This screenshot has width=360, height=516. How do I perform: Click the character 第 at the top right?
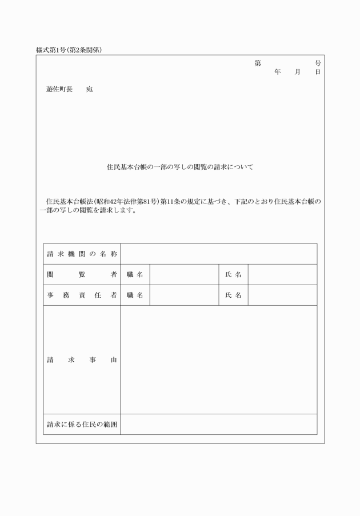click(x=258, y=63)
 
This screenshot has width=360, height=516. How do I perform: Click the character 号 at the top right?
click(x=318, y=63)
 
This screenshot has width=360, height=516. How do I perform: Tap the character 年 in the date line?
click(x=278, y=73)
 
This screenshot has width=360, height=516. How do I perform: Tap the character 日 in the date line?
click(x=318, y=73)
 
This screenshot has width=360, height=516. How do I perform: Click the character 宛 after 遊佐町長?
click(x=89, y=90)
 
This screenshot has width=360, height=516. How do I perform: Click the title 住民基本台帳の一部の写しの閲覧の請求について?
click(x=180, y=167)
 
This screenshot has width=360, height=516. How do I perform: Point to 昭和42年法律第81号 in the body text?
click(x=126, y=201)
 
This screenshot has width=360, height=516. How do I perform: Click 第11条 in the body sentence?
click(x=171, y=201)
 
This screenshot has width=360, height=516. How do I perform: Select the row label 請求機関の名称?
click(x=82, y=254)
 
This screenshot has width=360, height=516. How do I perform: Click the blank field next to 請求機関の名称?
click(x=218, y=254)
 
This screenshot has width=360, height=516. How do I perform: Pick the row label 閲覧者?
click(x=82, y=275)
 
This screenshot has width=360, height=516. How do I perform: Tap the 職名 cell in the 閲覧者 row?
click(x=135, y=275)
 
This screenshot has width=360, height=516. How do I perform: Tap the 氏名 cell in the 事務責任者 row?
click(x=233, y=295)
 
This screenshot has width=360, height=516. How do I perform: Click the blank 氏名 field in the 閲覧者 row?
click(x=282, y=275)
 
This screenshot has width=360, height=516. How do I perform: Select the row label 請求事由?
click(x=82, y=360)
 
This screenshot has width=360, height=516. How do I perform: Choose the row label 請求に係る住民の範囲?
click(x=82, y=425)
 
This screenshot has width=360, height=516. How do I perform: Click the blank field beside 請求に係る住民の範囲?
click(x=218, y=425)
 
